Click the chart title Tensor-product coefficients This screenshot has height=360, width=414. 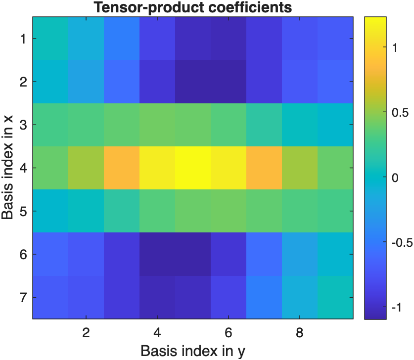tap(193, 7)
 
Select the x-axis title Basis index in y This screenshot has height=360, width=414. tap(193, 351)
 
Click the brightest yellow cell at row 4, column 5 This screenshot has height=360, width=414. tap(193, 168)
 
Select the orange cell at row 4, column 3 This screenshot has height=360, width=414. tap(122, 168)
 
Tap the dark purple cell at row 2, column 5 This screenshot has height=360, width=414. tap(193, 82)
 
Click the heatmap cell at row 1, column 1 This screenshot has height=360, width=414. tap(50, 39)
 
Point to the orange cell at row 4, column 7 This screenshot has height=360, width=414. tap(264, 168)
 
